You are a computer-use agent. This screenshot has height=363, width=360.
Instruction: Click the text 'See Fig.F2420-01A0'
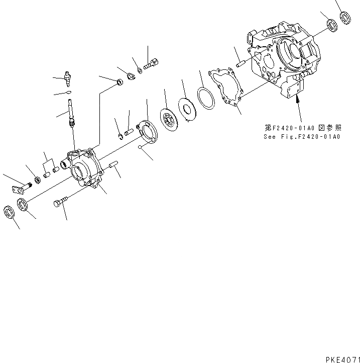click(302, 136)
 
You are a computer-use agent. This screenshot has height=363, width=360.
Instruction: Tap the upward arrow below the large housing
click(298, 105)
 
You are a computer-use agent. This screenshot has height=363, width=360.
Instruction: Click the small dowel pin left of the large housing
click(239, 64)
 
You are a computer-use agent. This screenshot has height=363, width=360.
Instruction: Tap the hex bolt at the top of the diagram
click(151, 64)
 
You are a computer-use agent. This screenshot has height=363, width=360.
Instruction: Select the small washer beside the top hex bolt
click(140, 69)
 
